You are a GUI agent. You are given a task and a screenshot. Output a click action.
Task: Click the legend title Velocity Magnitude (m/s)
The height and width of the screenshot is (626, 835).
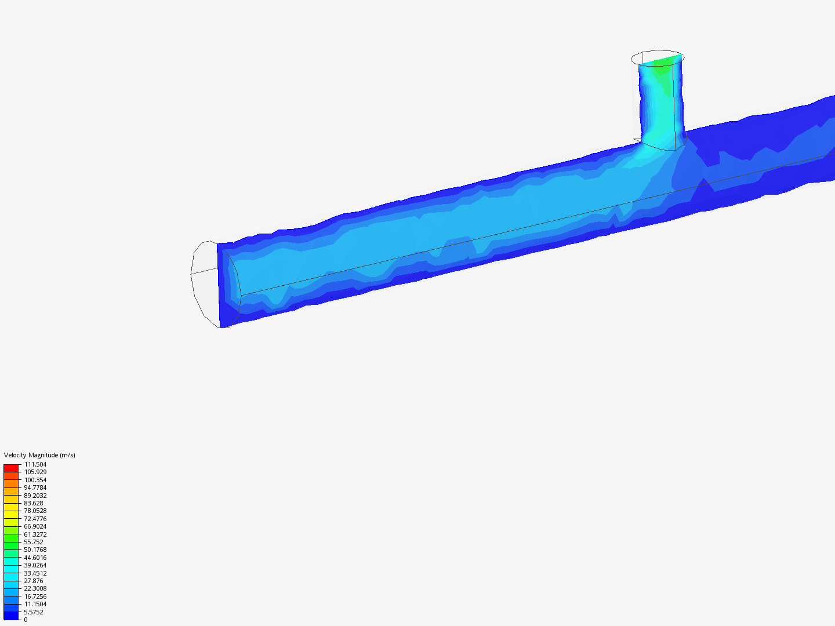tap(39, 455)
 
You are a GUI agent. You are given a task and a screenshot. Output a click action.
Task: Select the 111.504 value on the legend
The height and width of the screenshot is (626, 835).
tap(35, 464)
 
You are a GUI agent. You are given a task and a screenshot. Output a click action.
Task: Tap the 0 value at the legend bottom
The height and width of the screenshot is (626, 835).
tap(26, 620)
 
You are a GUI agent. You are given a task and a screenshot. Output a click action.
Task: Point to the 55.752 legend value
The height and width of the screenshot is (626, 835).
tap(34, 542)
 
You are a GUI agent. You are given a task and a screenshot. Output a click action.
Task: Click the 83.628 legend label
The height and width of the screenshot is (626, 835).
tap(34, 503)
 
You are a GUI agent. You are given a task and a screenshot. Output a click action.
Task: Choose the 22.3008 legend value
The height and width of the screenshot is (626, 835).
tap(35, 588)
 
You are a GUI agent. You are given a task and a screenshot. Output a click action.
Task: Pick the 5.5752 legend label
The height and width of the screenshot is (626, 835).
tap(34, 612)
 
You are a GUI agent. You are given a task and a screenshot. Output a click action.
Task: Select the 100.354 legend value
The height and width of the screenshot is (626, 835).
tap(35, 480)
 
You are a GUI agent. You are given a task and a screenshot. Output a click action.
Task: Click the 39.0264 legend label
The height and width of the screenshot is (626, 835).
tap(35, 565)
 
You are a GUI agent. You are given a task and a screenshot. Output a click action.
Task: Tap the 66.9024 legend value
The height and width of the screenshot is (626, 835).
tap(35, 526)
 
